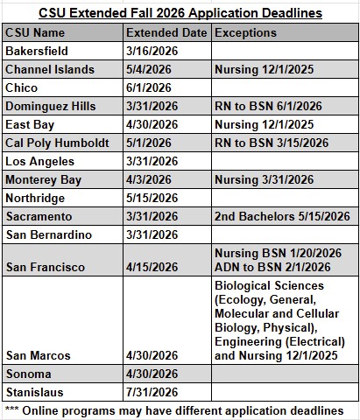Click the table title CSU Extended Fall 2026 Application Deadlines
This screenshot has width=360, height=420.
[x=179, y=12]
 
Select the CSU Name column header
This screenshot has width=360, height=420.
[x=37, y=32]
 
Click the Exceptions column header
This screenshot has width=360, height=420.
[x=245, y=32]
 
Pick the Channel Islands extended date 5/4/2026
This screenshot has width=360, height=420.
[x=148, y=70]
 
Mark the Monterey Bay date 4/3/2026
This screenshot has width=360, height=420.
[x=148, y=179]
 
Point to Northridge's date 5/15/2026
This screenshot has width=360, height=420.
[x=151, y=198]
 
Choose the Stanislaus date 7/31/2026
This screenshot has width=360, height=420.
[x=151, y=391]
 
